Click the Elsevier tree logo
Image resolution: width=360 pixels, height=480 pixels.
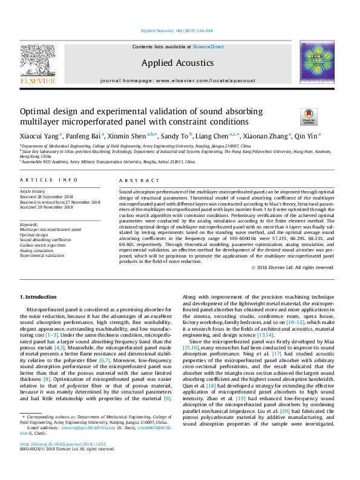pos(38,62)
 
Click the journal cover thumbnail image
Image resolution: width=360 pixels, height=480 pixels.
pos(317,62)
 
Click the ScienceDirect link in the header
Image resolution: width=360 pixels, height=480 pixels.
pos(208,47)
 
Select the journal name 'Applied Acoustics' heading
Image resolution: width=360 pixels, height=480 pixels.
pos(177,63)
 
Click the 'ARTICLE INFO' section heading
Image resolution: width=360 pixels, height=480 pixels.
pos(49,180)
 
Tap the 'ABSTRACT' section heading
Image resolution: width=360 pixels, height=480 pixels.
pos(139,180)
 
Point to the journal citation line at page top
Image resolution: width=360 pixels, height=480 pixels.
pos(177,30)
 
